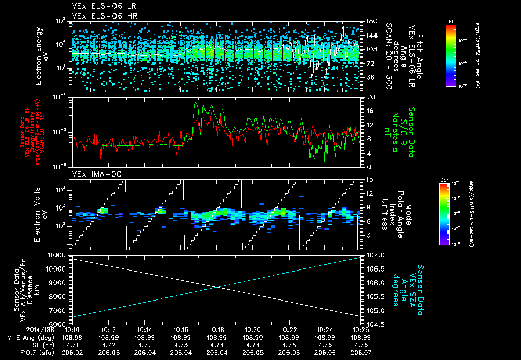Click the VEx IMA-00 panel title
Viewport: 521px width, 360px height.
(x=92, y=174)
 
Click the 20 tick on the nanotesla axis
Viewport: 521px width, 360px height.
(x=371, y=97)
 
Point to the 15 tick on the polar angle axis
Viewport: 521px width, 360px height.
(x=369, y=179)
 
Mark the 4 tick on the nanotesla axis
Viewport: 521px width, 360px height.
(x=369, y=153)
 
